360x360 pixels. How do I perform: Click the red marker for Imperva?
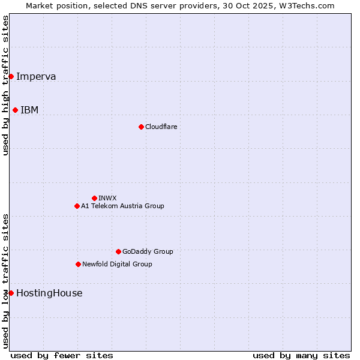[x=11, y=76]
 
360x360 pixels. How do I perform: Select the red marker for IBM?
[x=15, y=110]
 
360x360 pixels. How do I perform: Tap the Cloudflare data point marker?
[x=141, y=127]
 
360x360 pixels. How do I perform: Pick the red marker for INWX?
[x=94, y=198]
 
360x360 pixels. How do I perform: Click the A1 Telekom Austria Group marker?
[x=77, y=206]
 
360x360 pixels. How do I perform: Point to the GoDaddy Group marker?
[x=118, y=251]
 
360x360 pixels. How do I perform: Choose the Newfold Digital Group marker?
[x=78, y=264]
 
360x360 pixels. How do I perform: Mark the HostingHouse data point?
[x=11, y=293]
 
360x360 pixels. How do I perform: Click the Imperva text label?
[x=36, y=76]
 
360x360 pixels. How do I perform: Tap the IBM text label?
[x=29, y=110]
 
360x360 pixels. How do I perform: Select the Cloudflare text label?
[x=161, y=127]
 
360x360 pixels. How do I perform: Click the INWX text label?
[x=107, y=198]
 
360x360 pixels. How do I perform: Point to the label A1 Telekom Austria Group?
[x=122, y=206]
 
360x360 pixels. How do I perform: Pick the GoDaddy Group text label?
[x=148, y=251]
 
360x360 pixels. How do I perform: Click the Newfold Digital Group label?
[x=117, y=264]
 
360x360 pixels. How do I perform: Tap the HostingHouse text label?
[x=49, y=293]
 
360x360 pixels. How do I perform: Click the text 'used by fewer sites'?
[x=62, y=355]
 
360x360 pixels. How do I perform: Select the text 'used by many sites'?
[x=301, y=355]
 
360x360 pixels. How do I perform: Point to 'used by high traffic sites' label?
[x=5, y=85]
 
